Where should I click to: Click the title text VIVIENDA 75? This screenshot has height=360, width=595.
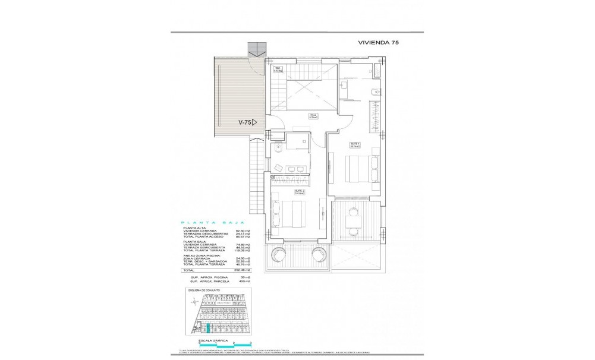pos(383,43)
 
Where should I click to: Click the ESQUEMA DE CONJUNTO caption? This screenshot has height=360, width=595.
pos(204,290)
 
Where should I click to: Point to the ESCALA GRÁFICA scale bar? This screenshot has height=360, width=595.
pos(220,343)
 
